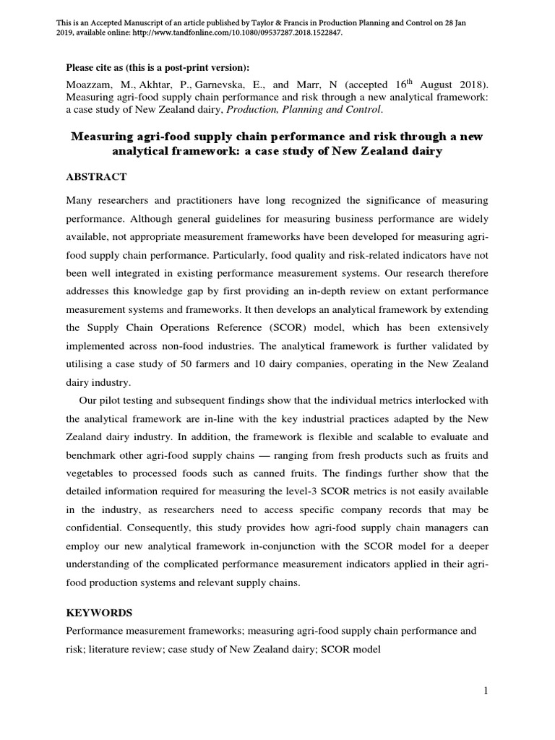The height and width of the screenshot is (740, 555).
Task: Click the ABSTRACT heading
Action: coord(96,176)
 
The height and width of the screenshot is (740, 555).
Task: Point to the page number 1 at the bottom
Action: coord(486,692)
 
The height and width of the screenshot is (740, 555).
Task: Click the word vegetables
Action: coord(92,474)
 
